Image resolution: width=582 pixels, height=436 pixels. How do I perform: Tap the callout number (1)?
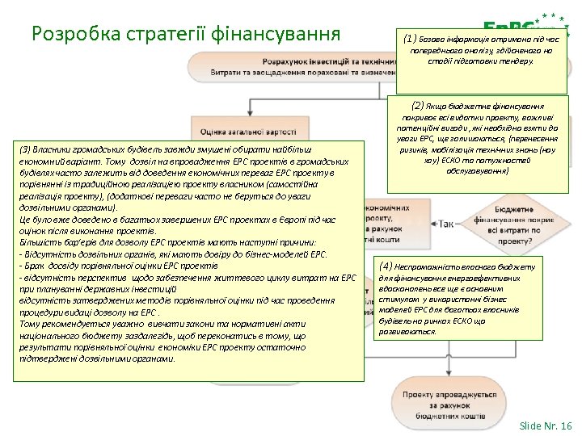click(x=411, y=37)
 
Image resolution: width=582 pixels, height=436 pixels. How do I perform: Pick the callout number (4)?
click(x=386, y=266)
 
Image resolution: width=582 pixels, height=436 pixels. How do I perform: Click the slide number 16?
click(x=566, y=426)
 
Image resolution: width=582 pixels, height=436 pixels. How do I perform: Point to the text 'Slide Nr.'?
click(x=537, y=426)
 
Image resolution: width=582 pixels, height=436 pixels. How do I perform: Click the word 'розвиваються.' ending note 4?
click(x=407, y=332)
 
